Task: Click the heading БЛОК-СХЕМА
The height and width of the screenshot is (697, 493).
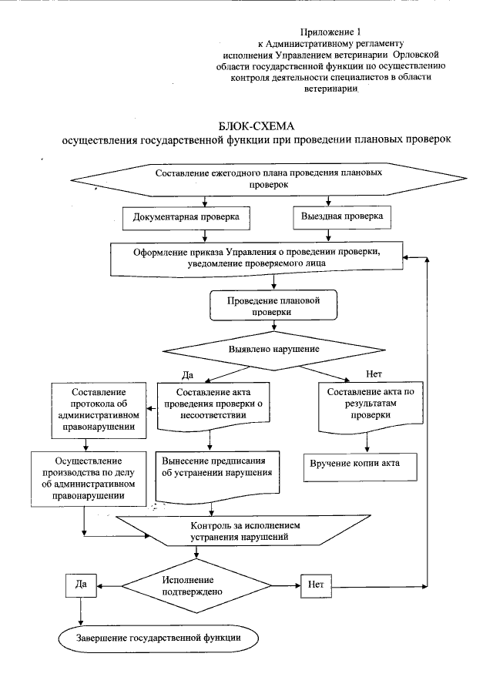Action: coord(257,126)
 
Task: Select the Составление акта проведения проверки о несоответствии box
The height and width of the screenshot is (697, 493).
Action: coord(213,404)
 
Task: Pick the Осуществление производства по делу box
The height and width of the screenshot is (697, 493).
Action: coord(89,477)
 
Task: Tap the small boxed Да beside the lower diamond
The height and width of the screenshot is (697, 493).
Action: coord(80,585)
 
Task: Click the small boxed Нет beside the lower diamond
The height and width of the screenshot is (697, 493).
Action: coord(315,585)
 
